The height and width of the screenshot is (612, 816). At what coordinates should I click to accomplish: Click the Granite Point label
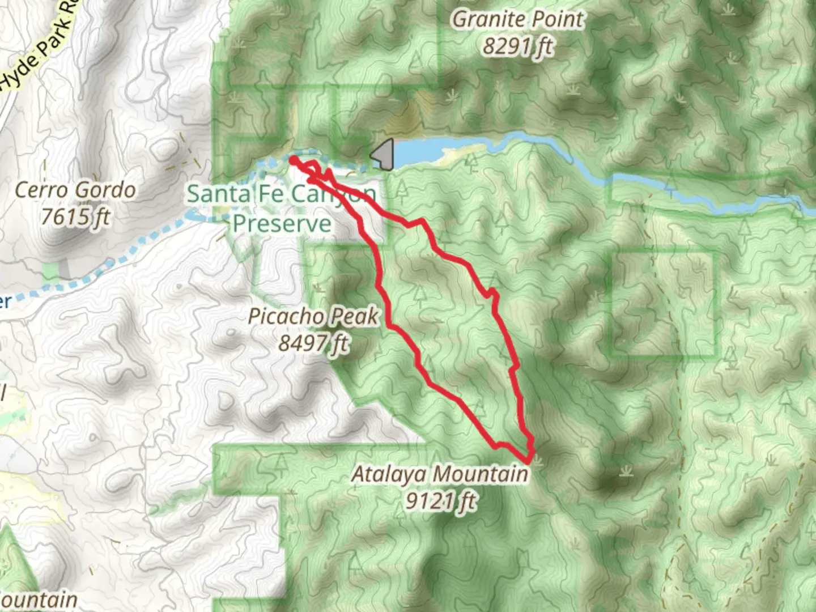point(517,20)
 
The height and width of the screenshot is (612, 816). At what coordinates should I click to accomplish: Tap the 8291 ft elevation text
point(517,46)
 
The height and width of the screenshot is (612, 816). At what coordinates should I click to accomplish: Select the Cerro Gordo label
point(75,190)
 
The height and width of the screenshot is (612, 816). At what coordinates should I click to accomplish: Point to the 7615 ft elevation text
point(75,216)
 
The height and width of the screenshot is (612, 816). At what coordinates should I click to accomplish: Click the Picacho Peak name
point(313,316)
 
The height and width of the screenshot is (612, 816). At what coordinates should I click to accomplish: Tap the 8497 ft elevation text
point(313,342)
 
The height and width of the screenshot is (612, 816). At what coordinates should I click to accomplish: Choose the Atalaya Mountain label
point(439,474)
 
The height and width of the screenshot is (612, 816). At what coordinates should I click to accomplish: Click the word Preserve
point(282,223)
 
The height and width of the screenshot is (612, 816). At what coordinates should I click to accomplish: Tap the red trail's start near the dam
point(293,161)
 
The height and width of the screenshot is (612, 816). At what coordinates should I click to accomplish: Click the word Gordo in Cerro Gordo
point(107,190)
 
